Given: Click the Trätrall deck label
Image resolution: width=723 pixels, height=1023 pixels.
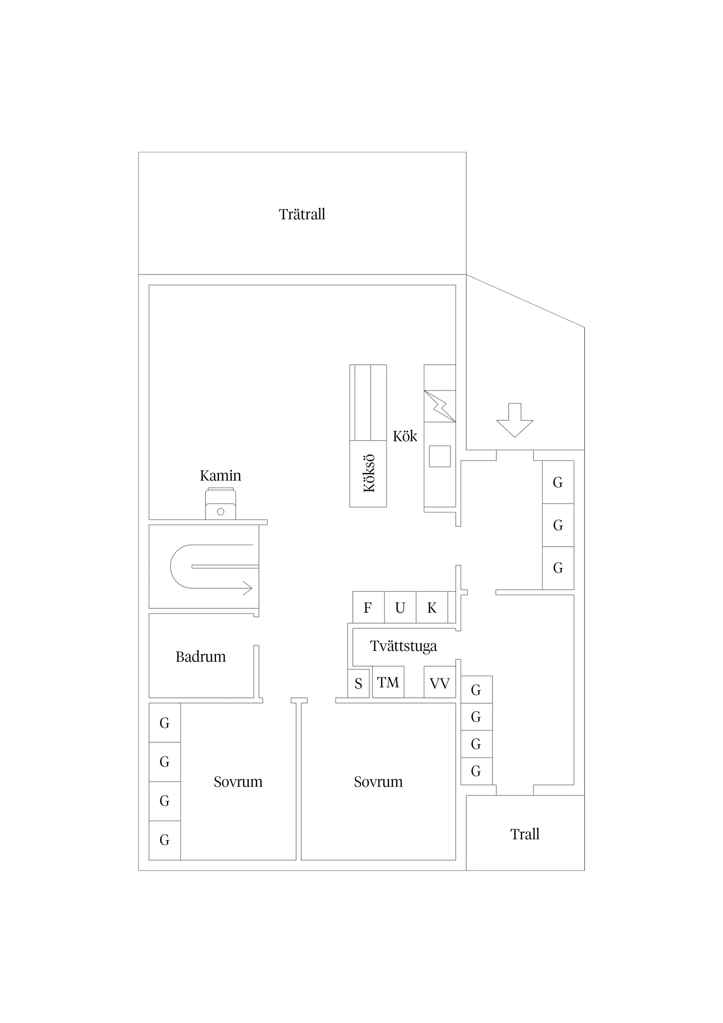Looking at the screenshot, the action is [302, 214].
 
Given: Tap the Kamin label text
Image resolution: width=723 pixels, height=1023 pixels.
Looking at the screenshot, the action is [220, 476].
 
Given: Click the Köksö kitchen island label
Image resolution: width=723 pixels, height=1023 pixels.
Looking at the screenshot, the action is [369, 474].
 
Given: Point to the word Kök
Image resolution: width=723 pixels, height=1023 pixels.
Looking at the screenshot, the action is [405, 436].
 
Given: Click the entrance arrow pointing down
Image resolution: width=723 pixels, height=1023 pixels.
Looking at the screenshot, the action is [515, 420].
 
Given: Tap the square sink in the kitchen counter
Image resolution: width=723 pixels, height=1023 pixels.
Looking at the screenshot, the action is [439, 456].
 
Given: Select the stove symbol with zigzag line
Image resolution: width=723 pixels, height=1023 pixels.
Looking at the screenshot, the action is [439, 406].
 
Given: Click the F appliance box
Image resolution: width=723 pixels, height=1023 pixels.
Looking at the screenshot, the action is [369, 607].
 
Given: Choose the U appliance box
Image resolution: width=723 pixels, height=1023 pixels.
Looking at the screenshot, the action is [400, 607].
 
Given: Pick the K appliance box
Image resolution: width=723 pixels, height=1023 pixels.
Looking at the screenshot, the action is [432, 607].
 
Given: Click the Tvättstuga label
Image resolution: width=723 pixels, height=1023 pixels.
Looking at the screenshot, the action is [404, 646].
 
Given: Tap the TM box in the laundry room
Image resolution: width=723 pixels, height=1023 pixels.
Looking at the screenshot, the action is [388, 682].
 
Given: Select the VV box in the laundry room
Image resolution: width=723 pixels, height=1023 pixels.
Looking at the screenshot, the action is [439, 682].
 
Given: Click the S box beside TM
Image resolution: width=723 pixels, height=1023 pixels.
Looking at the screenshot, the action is [358, 683].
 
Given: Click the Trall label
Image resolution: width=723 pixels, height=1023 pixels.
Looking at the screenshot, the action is [525, 834].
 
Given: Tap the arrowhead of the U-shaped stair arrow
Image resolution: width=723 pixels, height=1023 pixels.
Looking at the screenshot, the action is [247, 588].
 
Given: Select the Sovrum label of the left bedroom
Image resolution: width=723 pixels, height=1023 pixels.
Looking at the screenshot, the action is [238, 781].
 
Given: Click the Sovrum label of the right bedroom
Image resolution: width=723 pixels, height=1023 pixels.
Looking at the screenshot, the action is [378, 781].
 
